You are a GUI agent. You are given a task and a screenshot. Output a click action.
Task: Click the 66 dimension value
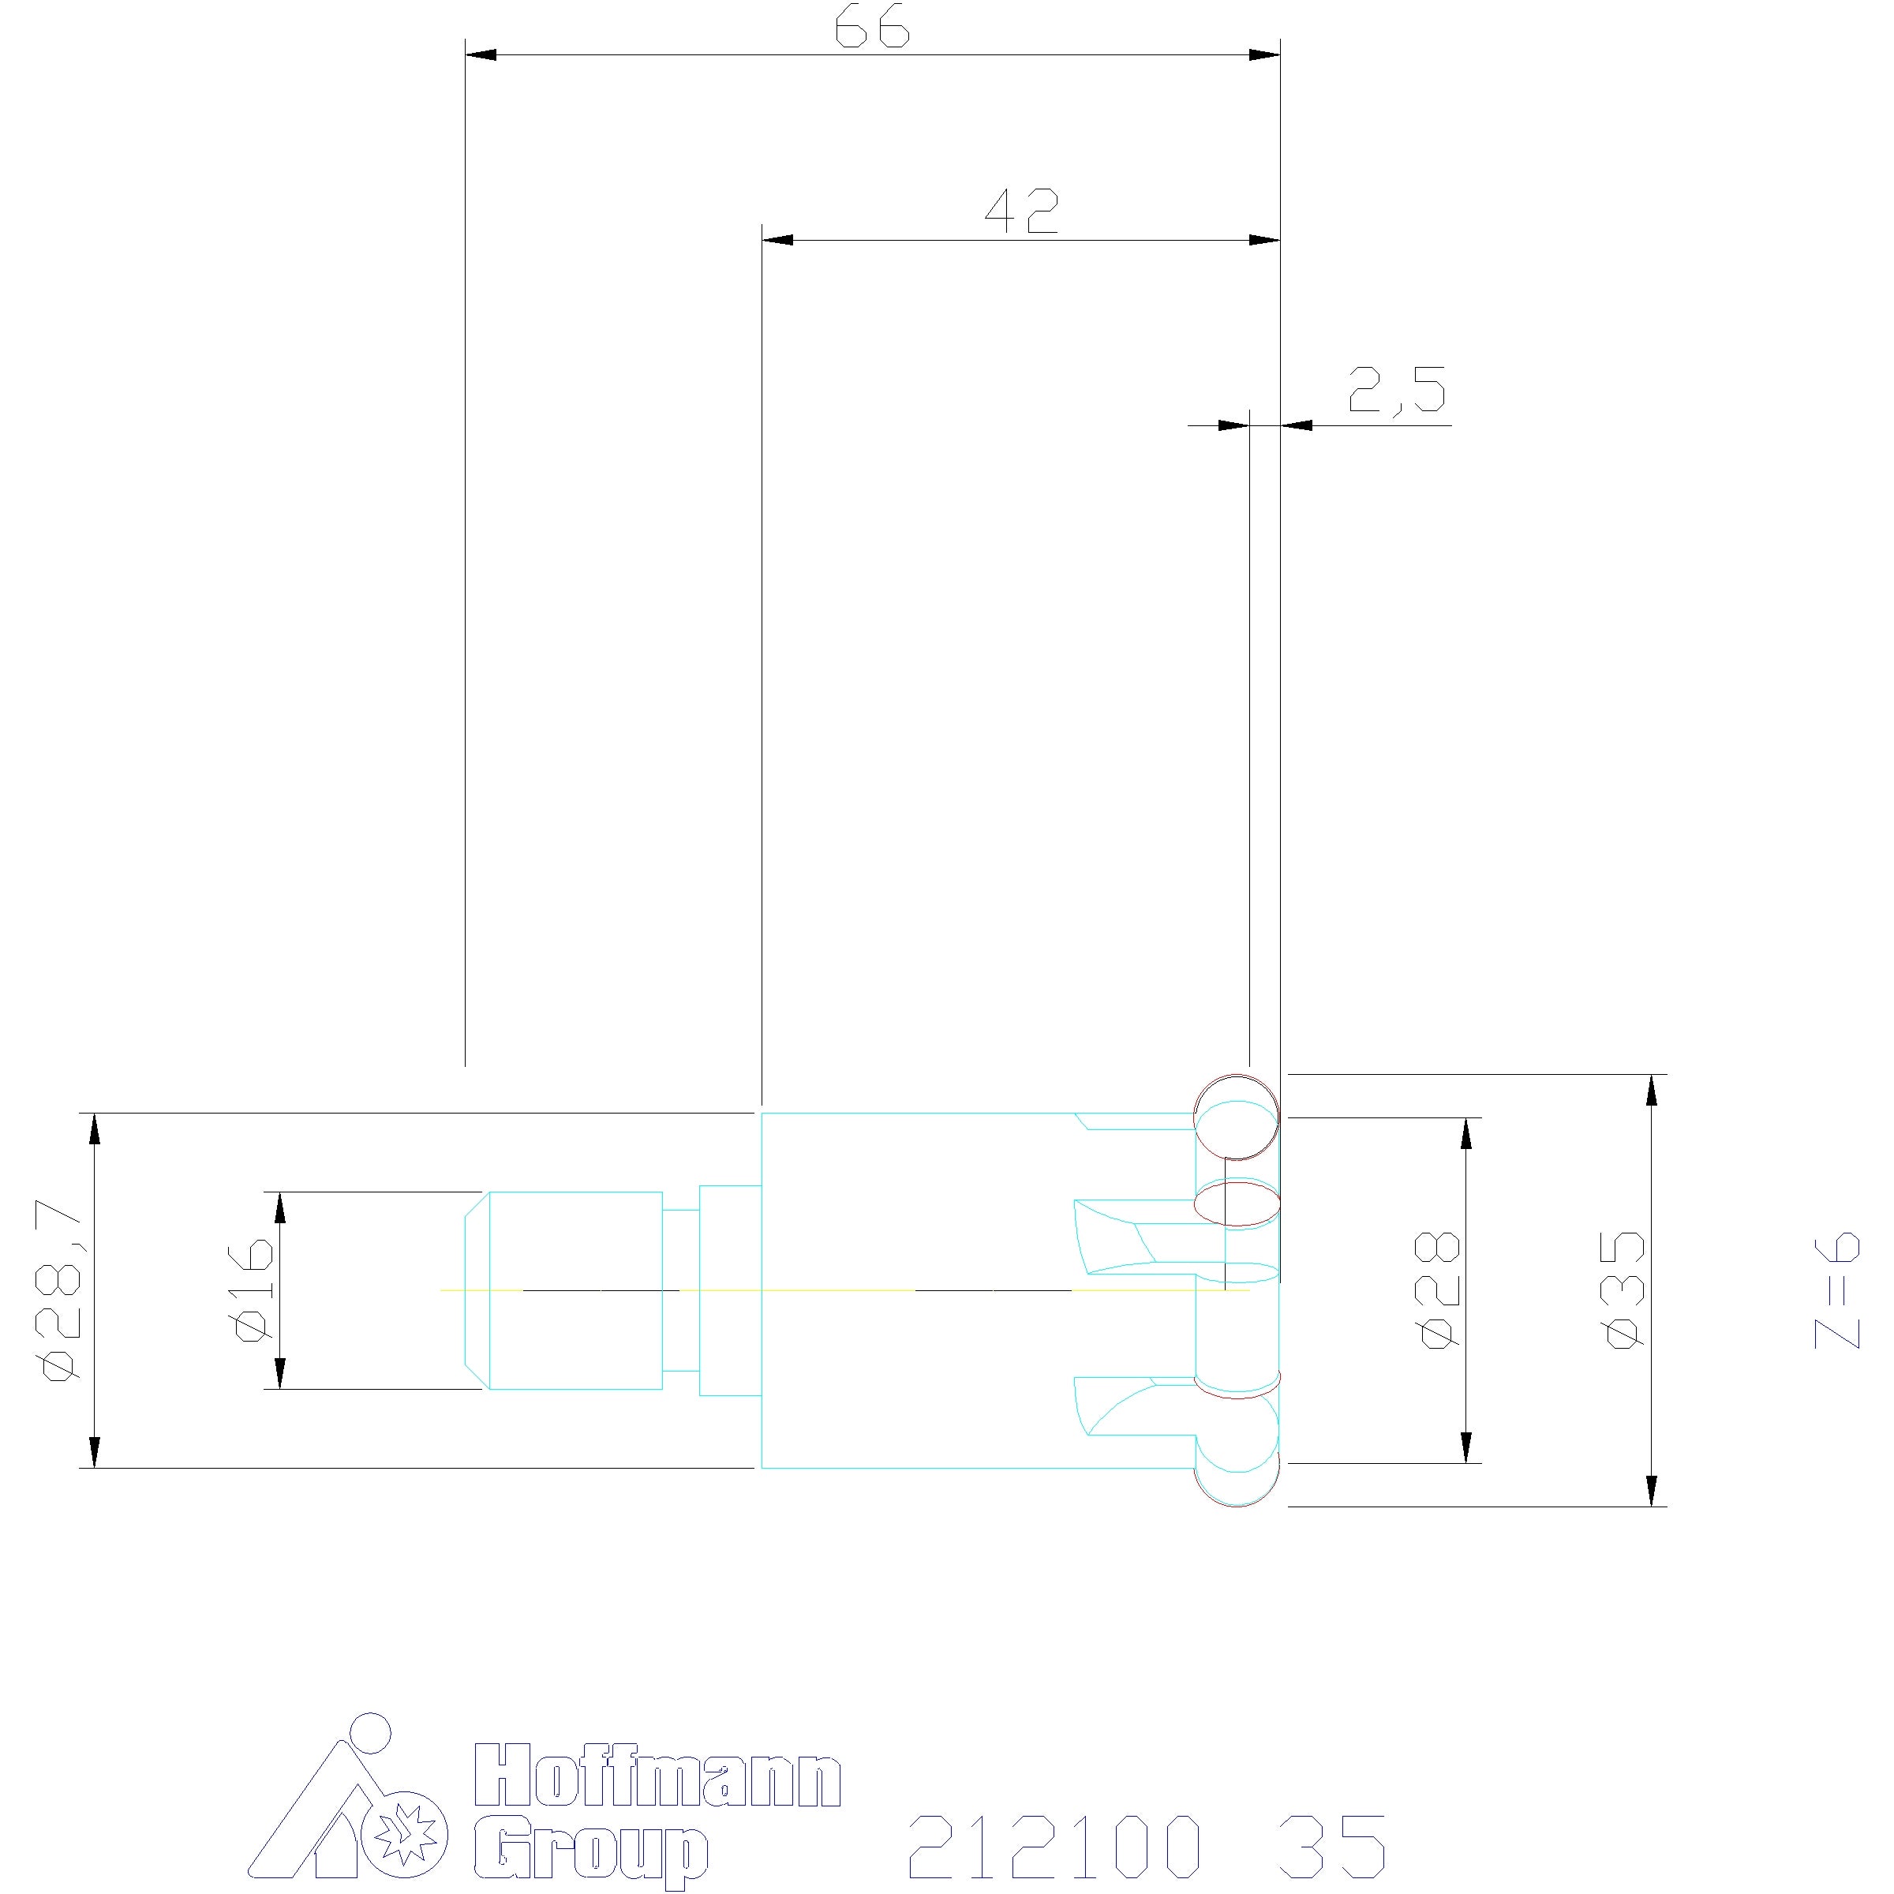click(873, 29)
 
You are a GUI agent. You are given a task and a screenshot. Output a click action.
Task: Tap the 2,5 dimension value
click(1397, 388)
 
